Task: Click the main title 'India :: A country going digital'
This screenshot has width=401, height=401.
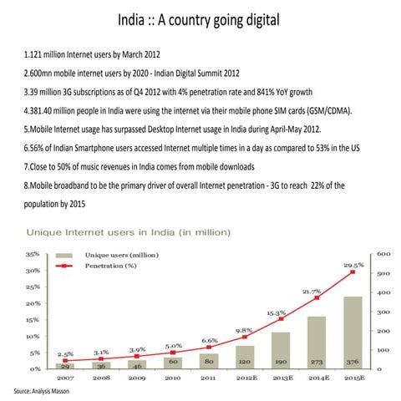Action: click(x=200, y=19)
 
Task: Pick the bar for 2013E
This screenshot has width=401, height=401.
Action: click(x=281, y=349)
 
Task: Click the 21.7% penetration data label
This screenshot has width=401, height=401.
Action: click(x=312, y=291)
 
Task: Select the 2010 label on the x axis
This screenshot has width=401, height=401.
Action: click(x=173, y=378)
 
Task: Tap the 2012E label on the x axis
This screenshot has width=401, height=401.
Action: click(x=245, y=378)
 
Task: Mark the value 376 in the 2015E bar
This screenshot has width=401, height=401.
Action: click(x=353, y=364)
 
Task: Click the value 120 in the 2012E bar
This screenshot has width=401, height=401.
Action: click(x=245, y=364)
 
